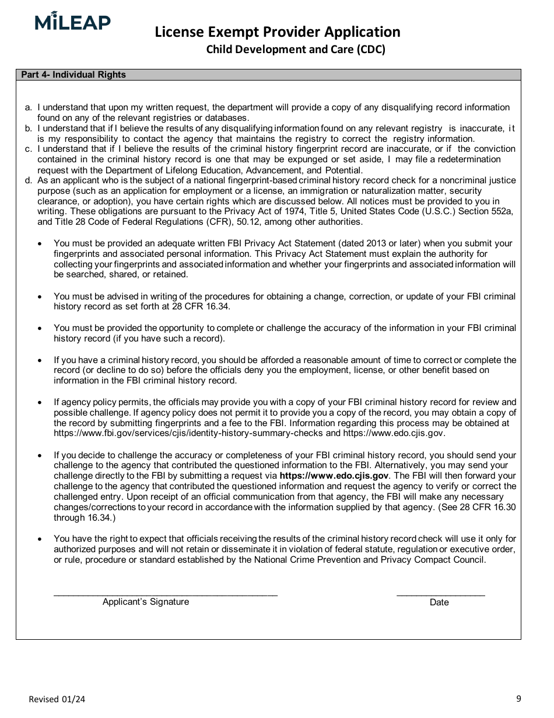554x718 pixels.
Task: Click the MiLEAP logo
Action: tap(72, 22)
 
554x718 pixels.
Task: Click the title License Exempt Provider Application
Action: tap(278, 32)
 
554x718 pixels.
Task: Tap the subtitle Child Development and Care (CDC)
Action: tap(296, 50)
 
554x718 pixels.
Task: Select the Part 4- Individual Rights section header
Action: tap(73, 75)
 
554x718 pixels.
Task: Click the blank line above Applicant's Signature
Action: tap(166, 594)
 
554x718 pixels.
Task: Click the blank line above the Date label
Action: tap(440, 594)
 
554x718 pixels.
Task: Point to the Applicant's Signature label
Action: tap(146, 602)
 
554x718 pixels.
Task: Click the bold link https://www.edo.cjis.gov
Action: tap(334, 476)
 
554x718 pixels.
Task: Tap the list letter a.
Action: tap(28, 107)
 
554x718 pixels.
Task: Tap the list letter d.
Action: tap(28, 180)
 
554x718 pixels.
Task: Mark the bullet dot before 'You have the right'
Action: tap(40, 539)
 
